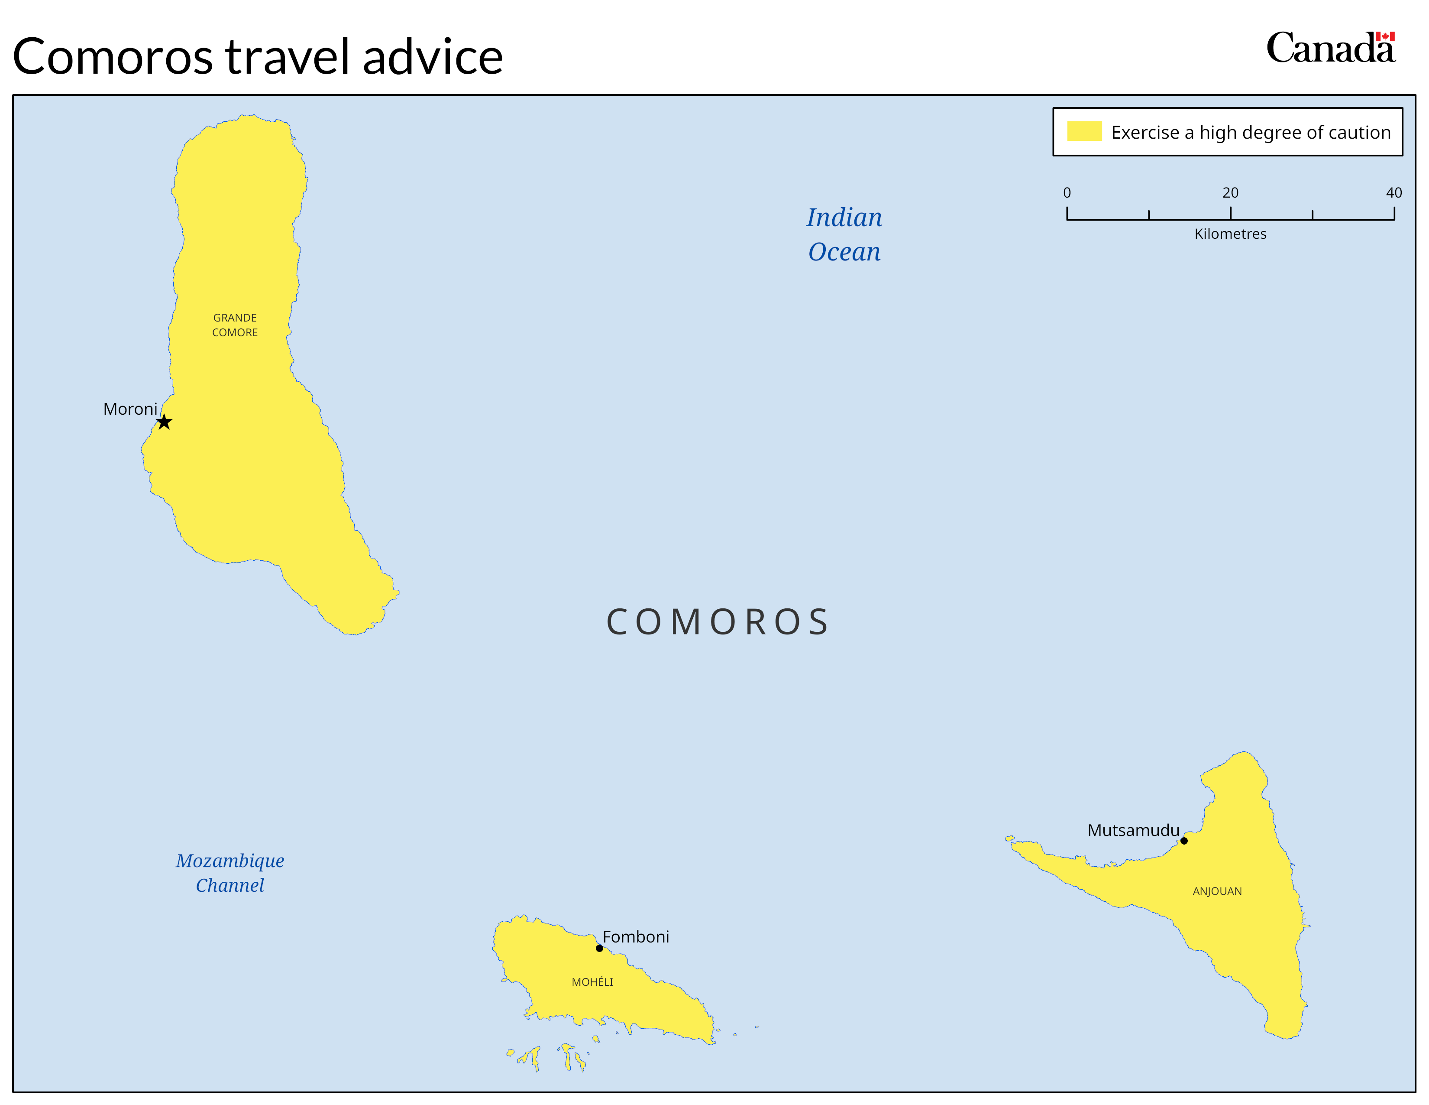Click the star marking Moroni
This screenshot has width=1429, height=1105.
(x=164, y=422)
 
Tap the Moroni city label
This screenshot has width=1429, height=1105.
(x=130, y=409)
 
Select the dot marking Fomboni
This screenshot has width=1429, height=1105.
(x=599, y=948)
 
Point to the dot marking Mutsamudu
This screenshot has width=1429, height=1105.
(x=1183, y=841)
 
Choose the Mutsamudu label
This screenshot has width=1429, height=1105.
(x=1133, y=830)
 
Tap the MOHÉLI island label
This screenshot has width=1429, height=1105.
(x=592, y=982)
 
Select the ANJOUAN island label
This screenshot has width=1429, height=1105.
(x=1217, y=891)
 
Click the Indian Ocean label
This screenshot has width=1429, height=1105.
(x=844, y=234)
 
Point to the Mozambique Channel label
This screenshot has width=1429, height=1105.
(x=230, y=873)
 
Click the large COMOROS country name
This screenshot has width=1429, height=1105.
(x=718, y=622)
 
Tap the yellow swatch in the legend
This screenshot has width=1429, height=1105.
(x=1084, y=131)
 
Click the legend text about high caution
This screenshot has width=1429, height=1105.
(x=1251, y=132)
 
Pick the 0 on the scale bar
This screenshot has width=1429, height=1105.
(x=1067, y=192)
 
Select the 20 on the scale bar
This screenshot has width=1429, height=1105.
(x=1230, y=192)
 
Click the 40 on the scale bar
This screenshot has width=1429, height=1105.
(x=1393, y=192)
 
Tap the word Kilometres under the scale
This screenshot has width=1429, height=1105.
(x=1230, y=234)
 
